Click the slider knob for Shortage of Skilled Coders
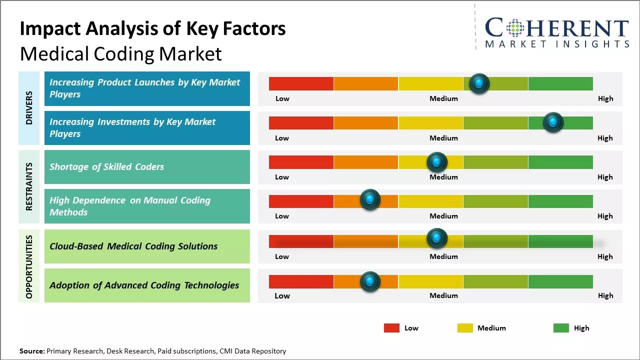pyautogui.click(x=436, y=162)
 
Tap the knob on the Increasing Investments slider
pyautogui.click(x=553, y=122)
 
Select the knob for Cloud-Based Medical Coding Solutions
pyautogui.click(x=436, y=238)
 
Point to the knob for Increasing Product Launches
pyautogui.click(x=479, y=83)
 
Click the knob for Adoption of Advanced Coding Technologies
pyautogui.click(x=370, y=281)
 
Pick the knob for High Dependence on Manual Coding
pyautogui.click(x=370, y=200)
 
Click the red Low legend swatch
pyautogui.click(x=391, y=328)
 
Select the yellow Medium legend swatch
pyautogui.click(x=465, y=328)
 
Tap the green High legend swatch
pyautogui.click(x=561, y=328)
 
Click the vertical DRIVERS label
pyautogui.click(x=29, y=107)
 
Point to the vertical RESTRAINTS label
pyautogui.click(x=29, y=186)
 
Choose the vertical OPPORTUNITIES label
pyautogui.click(x=29, y=266)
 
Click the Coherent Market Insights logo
pyautogui.click(x=556, y=32)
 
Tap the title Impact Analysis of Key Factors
pyautogui.click(x=152, y=28)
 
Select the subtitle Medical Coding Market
pyautogui.click(x=120, y=53)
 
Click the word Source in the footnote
pyautogui.click(x=31, y=351)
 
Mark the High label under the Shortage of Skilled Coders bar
pyautogui.click(x=604, y=177)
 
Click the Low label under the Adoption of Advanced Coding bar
pyautogui.click(x=282, y=295)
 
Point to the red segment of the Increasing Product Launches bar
pyautogui.click(x=301, y=83)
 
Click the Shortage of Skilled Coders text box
pyautogui.click(x=147, y=167)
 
